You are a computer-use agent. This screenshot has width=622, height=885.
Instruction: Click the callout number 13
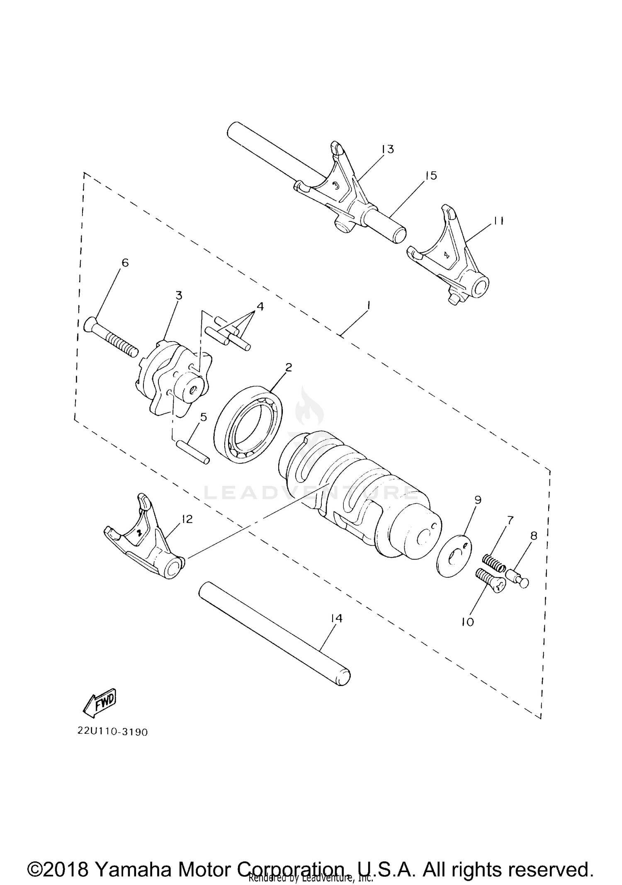(388, 149)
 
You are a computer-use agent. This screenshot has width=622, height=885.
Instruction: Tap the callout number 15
(431, 175)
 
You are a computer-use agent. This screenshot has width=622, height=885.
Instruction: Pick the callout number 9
(478, 500)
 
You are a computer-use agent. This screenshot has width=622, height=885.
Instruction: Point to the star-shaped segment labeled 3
(172, 377)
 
